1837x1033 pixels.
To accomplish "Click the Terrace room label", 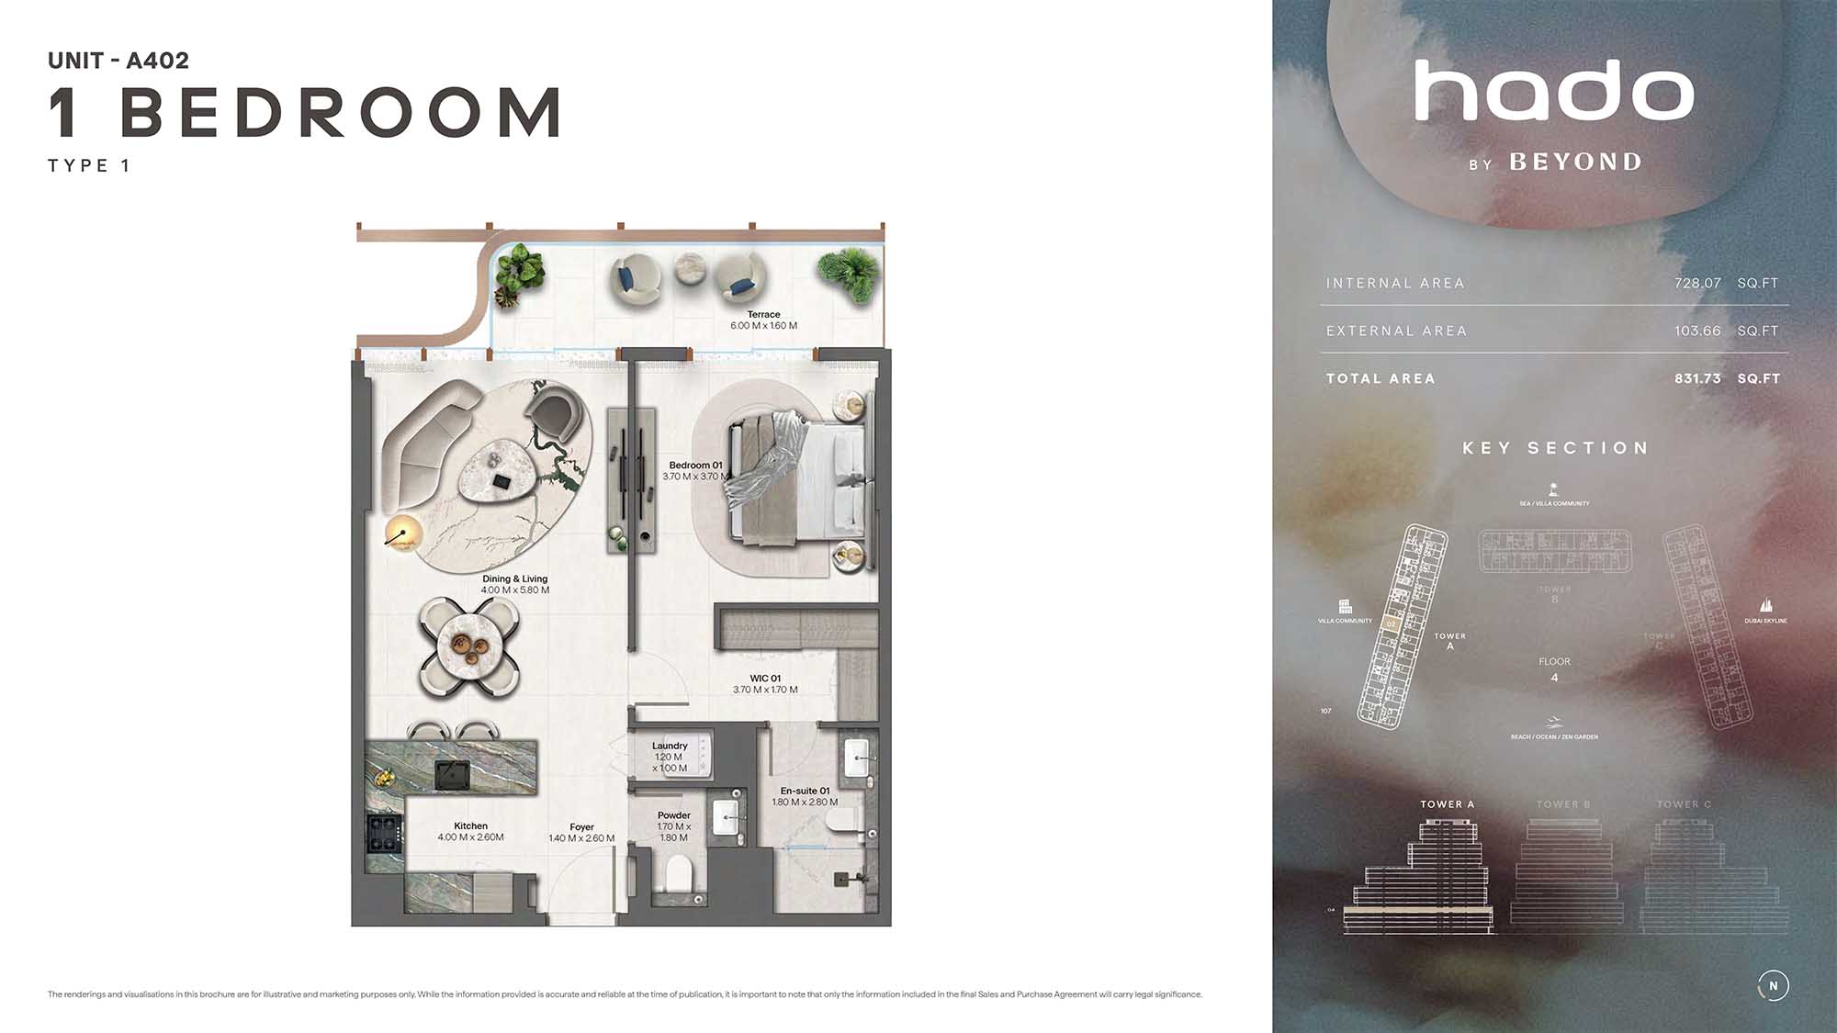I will coord(763,315).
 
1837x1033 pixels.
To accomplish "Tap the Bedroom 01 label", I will coord(695,466).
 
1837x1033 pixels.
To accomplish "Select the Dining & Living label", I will coord(514,579).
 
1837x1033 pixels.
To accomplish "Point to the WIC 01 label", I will coord(764,679).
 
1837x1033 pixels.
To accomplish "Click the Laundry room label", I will coord(670,746).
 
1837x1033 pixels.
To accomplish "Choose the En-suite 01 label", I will coord(805,791).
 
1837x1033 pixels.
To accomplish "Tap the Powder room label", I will coord(674,815).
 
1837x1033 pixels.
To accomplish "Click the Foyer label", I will coord(581,827).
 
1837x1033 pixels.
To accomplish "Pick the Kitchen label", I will coord(470,826).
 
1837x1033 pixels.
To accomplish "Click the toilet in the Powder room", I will coord(679,872).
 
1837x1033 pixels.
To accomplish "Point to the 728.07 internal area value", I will coord(1697,283).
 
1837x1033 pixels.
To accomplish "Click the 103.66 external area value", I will coord(1697,331).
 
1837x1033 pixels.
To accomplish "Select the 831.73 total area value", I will coord(1697,378).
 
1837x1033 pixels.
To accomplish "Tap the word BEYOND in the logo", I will coord(1575,163).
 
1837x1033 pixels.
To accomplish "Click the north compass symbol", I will coord(1773,985).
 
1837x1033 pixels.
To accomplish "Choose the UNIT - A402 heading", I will coord(118,61).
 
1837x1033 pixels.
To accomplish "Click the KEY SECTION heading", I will coord(1555,448).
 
